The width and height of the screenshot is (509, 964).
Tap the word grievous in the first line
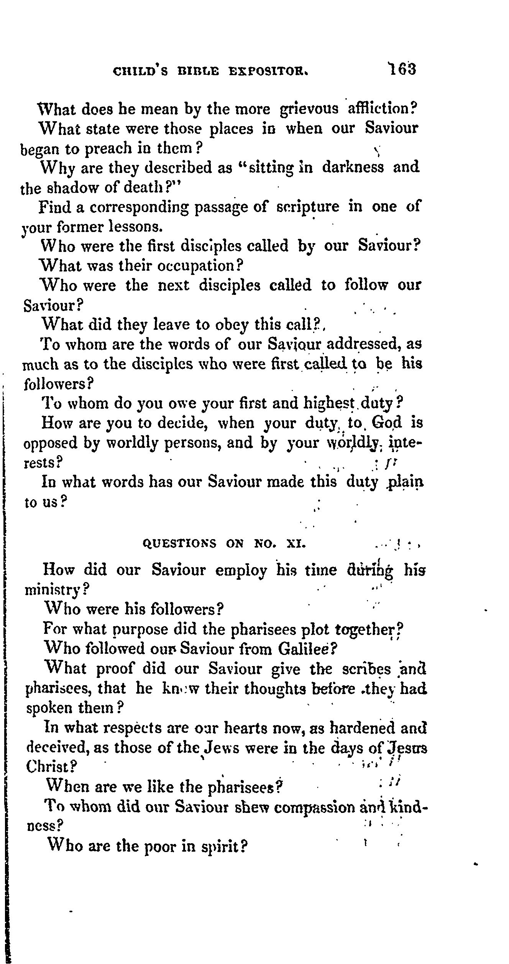click(x=309, y=109)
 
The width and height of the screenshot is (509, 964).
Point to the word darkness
click(x=353, y=168)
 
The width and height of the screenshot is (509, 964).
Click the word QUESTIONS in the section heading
click(x=179, y=543)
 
